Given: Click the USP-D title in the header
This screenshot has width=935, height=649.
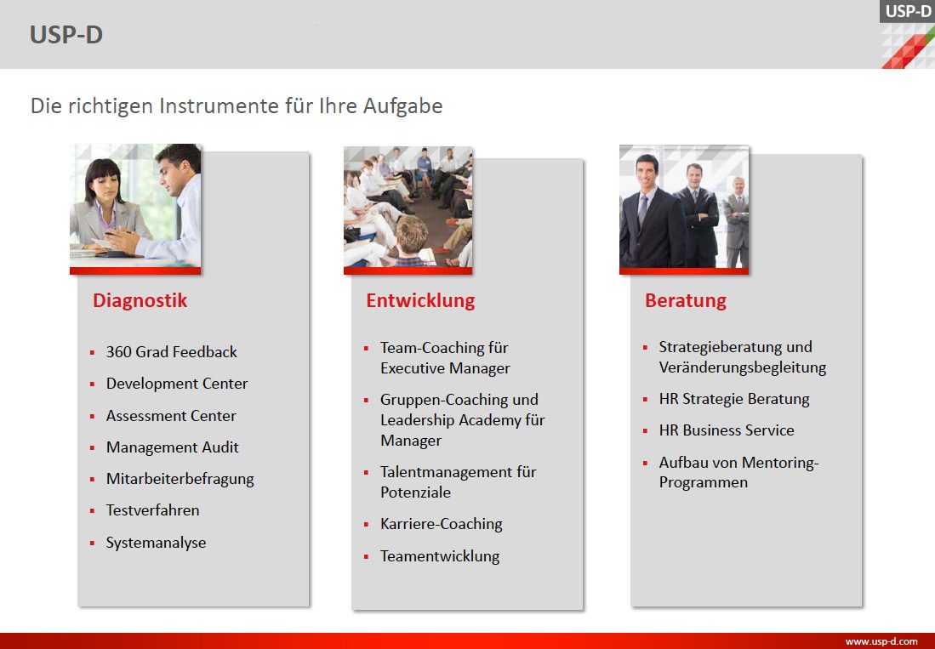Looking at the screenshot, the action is (66, 35).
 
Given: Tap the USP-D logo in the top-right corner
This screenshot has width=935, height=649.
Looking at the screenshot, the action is (908, 34).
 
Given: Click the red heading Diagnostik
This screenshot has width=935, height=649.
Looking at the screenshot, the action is (140, 300).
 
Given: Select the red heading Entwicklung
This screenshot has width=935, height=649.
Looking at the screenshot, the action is (420, 300).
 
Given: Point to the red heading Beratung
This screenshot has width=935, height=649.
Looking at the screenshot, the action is (685, 300).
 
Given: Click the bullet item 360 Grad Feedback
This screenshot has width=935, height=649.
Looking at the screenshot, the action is (171, 352).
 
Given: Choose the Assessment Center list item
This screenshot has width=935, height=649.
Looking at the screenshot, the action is (171, 416).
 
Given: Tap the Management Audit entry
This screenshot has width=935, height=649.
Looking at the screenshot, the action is (173, 447).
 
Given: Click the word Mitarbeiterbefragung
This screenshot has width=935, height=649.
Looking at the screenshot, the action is (180, 480).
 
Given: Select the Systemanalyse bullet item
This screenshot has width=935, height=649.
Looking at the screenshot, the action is (157, 543).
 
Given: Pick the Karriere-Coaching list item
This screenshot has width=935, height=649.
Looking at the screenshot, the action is (442, 525).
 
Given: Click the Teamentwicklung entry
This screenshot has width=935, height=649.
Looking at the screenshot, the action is (440, 556).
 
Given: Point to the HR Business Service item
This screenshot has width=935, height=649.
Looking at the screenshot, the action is (727, 430).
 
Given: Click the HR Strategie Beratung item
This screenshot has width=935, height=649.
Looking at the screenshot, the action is (734, 399).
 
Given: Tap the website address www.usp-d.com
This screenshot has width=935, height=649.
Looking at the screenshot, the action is (881, 642).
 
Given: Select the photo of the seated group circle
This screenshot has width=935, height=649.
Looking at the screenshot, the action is (408, 208).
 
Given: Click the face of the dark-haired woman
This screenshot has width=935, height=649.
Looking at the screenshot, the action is (105, 183).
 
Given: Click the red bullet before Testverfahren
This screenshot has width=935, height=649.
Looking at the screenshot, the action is (92, 511).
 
